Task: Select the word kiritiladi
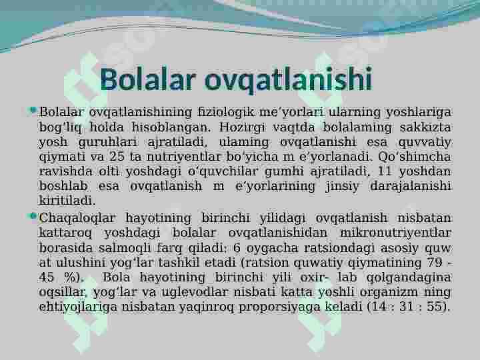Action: tap(67, 200)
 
